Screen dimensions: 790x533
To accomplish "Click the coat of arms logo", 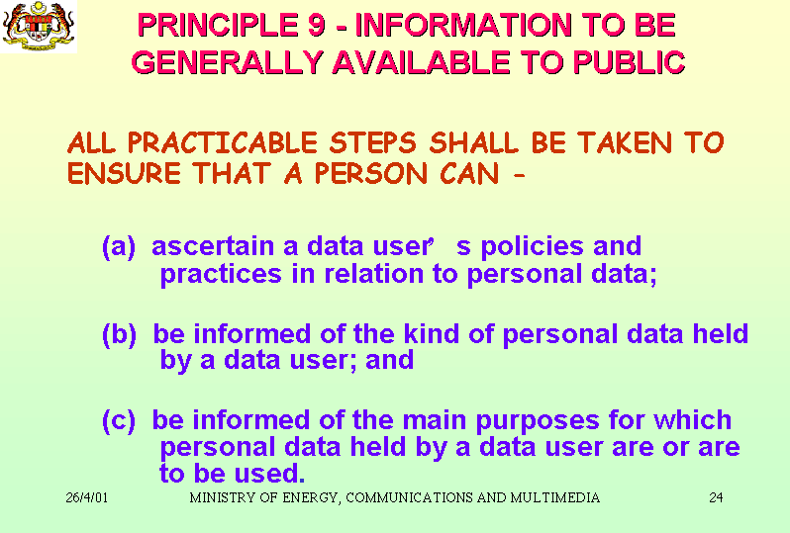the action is tap(39, 26).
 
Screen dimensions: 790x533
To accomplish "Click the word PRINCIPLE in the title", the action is tap(218, 25).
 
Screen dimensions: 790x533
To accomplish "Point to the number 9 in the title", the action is tap(317, 25).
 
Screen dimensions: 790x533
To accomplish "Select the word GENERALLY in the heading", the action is tap(227, 62).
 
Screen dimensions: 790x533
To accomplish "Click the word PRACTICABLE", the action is tap(222, 142).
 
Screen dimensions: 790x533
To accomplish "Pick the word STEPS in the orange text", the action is tap(373, 142).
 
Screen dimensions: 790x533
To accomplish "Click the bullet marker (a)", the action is tap(119, 246).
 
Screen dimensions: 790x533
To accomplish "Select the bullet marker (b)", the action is tap(119, 334).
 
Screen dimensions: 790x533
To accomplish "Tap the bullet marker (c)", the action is tap(119, 420).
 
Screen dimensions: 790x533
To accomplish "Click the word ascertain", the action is tap(214, 246).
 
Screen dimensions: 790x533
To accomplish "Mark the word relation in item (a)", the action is tap(374, 274).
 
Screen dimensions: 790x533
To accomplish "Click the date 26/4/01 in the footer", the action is tap(87, 497).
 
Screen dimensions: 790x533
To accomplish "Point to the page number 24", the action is tap(716, 497).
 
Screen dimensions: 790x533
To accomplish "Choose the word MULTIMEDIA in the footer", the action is tap(554, 497).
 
